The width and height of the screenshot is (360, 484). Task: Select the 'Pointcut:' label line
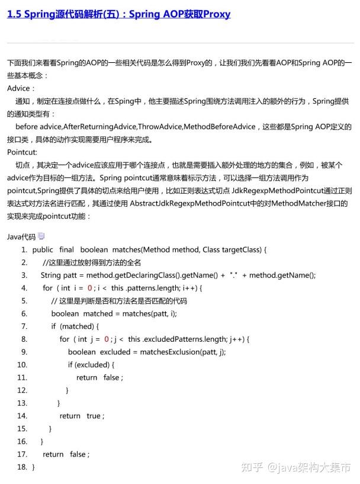tap(22, 152)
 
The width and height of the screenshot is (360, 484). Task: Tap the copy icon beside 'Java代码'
tap(41, 236)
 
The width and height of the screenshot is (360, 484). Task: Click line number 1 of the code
tap(24, 249)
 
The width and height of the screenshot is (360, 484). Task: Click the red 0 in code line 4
tap(90, 288)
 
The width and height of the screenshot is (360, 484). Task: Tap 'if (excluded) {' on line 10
tap(91, 364)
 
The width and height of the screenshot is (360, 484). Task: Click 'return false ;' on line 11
tap(99, 377)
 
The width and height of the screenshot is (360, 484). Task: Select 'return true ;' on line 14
tap(82, 416)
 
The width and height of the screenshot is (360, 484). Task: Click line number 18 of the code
tap(22, 467)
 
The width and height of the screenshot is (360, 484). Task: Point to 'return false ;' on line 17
tap(66, 454)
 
